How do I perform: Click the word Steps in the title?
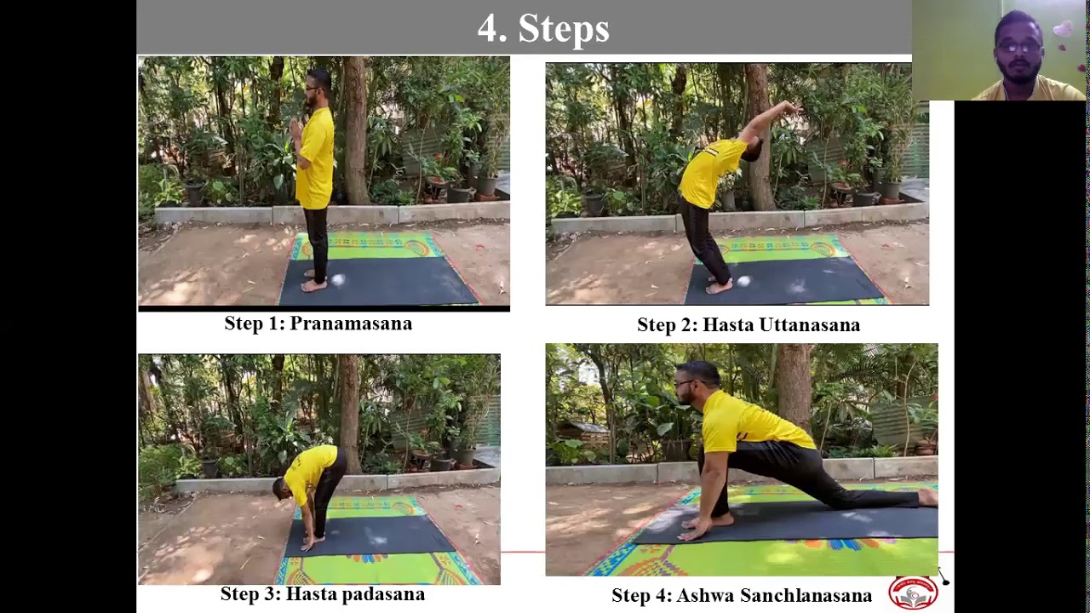coord(564,28)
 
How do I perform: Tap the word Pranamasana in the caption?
coord(351,324)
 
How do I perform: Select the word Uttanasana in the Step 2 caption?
coord(810,325)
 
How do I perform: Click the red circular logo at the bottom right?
coord(914,593)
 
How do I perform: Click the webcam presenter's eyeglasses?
coord(1019,48)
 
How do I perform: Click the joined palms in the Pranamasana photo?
coord(295,128)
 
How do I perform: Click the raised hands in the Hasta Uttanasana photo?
coord(792,107)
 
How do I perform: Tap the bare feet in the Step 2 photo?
coord(719,285)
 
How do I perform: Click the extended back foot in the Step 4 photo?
coord(928,497)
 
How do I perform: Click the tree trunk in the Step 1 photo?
coord(356,130)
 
